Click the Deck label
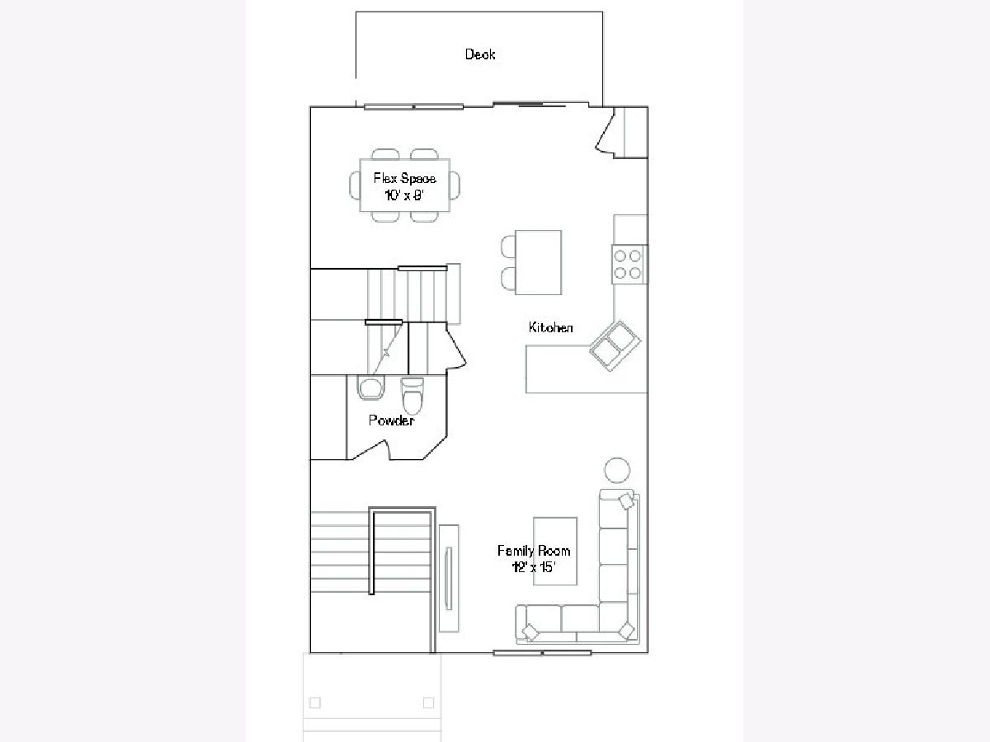click(x=480, y=54)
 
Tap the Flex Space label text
click(x=404, y=178)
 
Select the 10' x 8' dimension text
click(x=404, y=195)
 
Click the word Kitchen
click(x=551, y=327)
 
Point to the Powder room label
click(x=392, y=420)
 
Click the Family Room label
click(x=534, y=551)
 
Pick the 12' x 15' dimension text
click(x=533, y=567)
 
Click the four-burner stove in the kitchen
click(x=629, y=264)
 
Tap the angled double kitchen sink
click(x=615, y=346)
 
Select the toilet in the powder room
click(x=412, y=396)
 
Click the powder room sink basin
click(x=370, y=388)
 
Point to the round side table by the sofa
click(x=617, y=470)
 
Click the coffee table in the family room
click(x=554, y=551)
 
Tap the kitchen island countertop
click(x=539, y=262)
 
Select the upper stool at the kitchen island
click(x=508, y=247)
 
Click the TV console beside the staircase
click(x=449, y=579)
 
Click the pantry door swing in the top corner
click(x=606, y=133)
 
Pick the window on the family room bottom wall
click(x=542, y=652)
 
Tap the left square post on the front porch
click(x=315, y=702)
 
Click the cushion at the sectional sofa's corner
click(x=626, y=630)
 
